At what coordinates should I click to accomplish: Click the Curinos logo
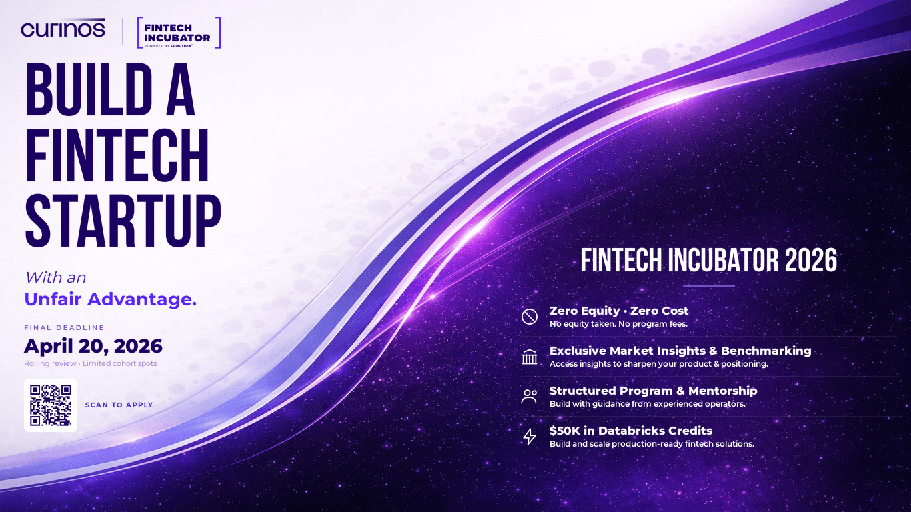click(63, 29)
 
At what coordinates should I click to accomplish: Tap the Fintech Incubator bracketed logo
click(178, 33)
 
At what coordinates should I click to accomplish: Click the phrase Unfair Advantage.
click(110, 300)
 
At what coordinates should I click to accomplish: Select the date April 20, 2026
click(93, 346)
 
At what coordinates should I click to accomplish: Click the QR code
click(51, 405)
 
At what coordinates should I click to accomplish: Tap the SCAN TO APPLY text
click(119, 405)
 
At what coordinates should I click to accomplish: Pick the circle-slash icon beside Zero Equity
click(529, 317)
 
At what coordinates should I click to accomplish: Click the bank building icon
click(529, 357)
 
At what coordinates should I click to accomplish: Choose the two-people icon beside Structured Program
click(529, 397)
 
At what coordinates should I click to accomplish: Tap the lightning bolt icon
click(529, 437)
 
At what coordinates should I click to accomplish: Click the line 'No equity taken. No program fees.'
click(618, 324)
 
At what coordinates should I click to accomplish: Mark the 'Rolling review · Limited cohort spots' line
click(91, 363)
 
